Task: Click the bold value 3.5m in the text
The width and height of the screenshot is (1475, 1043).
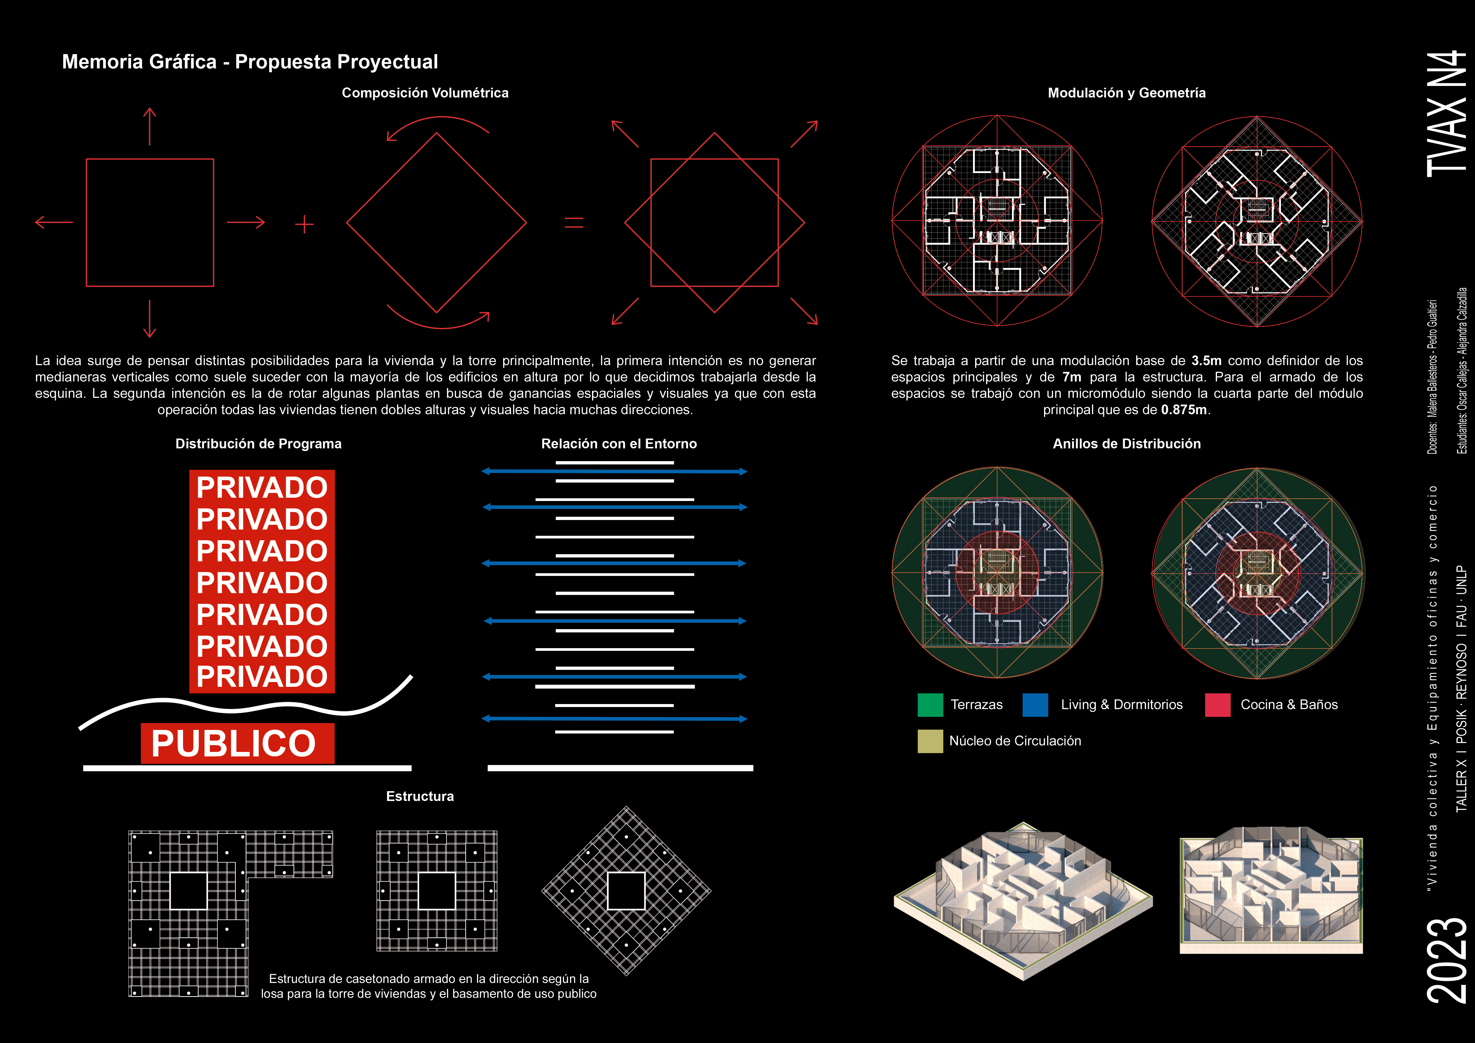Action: [1206, 361]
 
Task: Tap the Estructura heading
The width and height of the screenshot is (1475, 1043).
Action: [420, 796]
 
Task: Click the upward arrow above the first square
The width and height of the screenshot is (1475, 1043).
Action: [150, 126]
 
